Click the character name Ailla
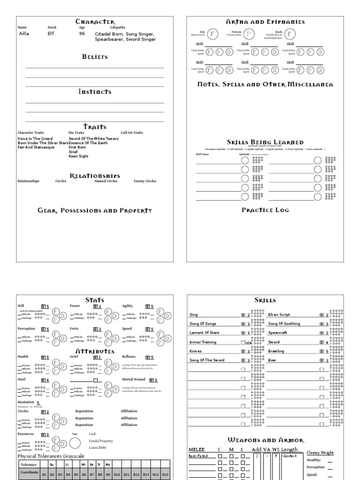24,34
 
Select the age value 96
82,34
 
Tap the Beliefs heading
95,57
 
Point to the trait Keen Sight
78,156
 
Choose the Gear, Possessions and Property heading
95,210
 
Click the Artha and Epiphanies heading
265,22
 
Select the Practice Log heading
265,210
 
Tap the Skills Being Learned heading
265,142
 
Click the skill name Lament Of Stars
205,333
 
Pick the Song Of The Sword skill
207,360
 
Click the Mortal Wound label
134,380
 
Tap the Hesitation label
26,402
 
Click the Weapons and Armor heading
265,440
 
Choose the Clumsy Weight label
321,452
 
